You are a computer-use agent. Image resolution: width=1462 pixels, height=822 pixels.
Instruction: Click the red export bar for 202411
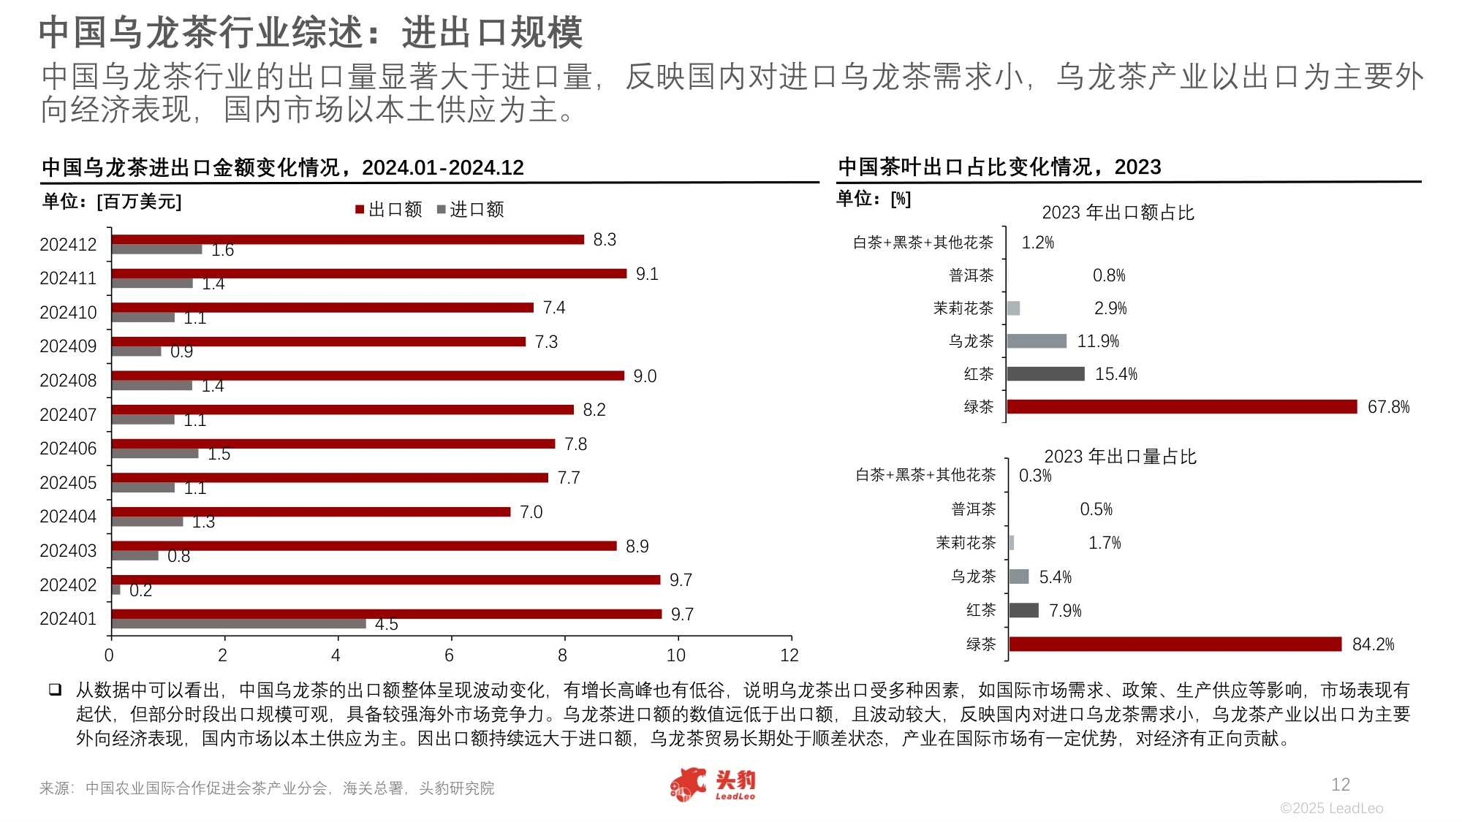(369, 273)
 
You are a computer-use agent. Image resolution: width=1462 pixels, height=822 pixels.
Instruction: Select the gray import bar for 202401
(238, 624)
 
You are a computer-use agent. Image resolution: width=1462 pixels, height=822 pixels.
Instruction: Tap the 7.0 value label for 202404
(531, 512)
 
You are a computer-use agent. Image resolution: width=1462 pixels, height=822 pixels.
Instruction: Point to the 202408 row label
(68, 381)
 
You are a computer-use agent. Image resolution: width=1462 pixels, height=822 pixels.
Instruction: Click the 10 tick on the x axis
(676, 655)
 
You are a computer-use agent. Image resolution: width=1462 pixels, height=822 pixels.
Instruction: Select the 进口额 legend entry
(471, 210)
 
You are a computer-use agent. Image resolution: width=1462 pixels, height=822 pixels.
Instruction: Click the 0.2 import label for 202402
(140, 590)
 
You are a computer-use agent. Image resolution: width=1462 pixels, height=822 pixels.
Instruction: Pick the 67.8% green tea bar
(1181, 407)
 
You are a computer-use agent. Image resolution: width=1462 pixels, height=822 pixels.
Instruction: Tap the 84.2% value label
(1373, 644)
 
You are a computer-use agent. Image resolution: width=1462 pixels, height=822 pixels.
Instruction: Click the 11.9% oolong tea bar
(1037, 341)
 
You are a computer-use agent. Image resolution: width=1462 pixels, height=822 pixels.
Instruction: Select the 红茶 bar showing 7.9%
(1023, 610)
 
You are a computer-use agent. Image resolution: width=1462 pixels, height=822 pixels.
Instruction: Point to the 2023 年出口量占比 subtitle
(1120, 457)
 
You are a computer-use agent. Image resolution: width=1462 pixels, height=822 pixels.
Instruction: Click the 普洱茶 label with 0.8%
(971, 275)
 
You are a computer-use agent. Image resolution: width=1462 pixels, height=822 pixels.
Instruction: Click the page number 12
(1340, 785)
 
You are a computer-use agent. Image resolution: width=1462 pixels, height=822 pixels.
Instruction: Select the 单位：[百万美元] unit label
(112, 202)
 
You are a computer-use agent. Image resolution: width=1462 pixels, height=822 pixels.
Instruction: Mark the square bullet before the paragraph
(55, 690)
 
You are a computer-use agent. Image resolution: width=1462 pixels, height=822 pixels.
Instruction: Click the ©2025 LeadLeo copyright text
(1331, 808)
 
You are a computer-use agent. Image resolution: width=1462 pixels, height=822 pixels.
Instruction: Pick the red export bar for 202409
(319, 341)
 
